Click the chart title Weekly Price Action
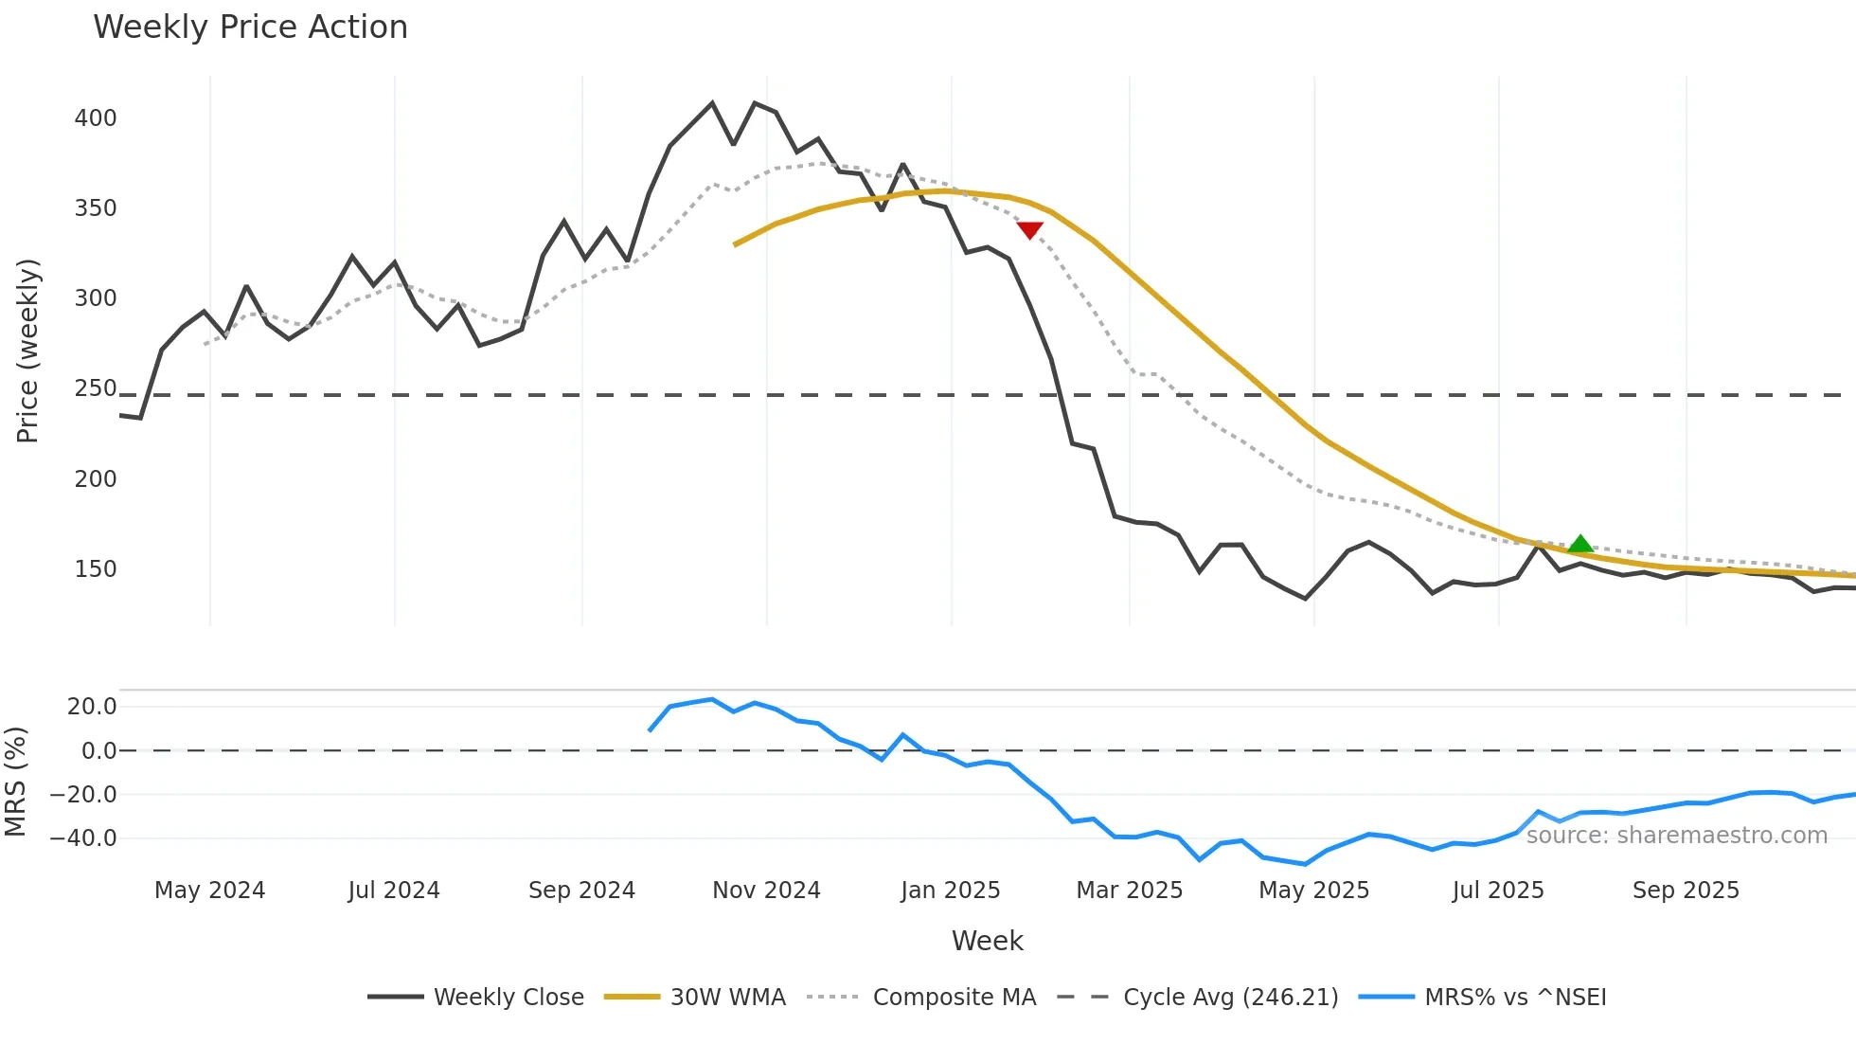(250, 27)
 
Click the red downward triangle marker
(1029, 230)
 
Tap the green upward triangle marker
(1579, 544)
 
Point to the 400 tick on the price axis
(96, 118)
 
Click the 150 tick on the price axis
(96, 569)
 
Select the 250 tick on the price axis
(96, 388)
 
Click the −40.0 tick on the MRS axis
(83, 838)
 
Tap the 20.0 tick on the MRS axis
(92, 707)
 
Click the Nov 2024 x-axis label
(766, 891)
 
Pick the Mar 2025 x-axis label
(1129, 891)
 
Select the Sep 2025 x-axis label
(1686, 891)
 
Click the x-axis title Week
(987, 941)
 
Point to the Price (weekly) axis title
(27, 351)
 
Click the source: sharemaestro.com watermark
(1676, 836)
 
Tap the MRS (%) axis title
(15, 782)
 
